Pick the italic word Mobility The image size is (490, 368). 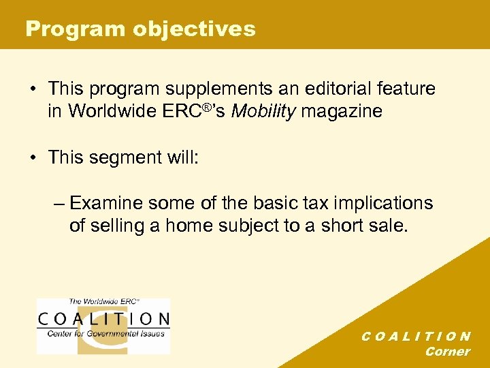click(x=263, y=111)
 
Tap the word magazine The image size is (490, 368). click(x=341, y=111)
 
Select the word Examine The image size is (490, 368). click(x=109, y=203)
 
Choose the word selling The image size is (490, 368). click(x=116, y=226)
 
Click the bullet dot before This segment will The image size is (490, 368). click(x=33, y=157)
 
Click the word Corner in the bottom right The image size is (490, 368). click(x=447, y=352)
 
